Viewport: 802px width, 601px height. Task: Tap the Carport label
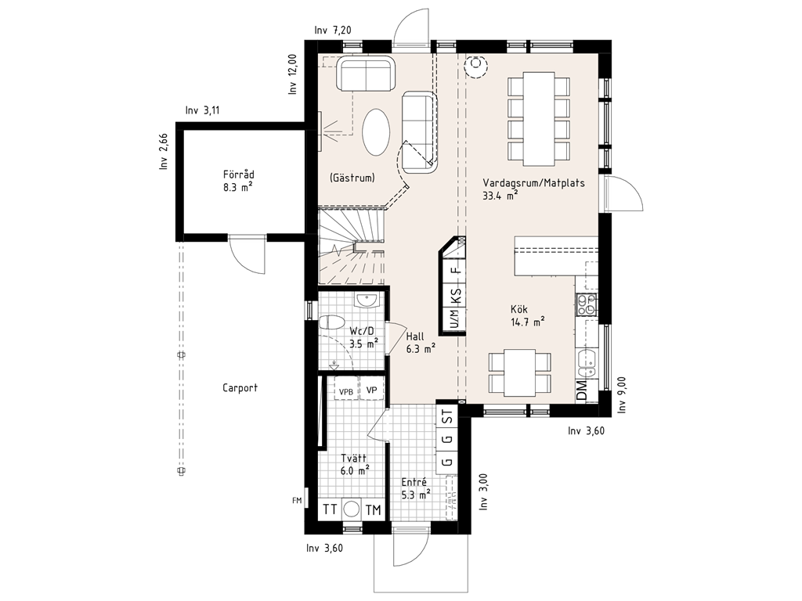tap(240, 388)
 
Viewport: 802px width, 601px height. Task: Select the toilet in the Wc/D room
tap(331, 323)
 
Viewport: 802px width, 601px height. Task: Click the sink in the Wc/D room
tap(367, 300)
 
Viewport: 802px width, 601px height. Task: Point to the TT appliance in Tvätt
tap(330, 509)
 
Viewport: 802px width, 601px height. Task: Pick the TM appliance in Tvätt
tap(374, 509)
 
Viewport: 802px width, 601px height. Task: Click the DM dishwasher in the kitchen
tap(583, 391)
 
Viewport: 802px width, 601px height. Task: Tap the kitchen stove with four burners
tap(587, 304)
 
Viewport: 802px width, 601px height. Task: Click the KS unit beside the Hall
tap(455, 296)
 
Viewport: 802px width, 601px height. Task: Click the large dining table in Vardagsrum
tap(539, 119)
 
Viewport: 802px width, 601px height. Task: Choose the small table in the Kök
tap(520, 372)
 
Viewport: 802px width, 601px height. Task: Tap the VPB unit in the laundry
tap(346, 391)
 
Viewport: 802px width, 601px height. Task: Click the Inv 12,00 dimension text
tap(293, 74)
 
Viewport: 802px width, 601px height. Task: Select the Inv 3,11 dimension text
tap(203, 110)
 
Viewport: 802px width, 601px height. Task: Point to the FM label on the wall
tap(297, 500)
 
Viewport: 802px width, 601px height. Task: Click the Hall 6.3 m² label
tap(421, 343)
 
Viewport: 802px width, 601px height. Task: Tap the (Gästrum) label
tap(352, 178)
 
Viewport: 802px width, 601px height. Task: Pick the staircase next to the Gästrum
tap(352, 246)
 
